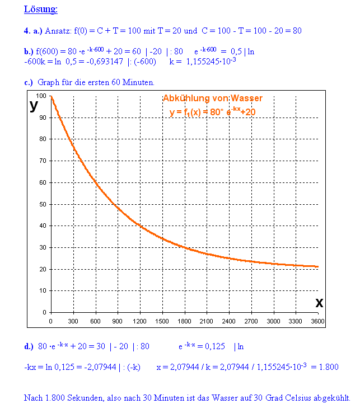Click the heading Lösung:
41,9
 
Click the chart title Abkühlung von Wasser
213,98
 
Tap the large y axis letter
35,105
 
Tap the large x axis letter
319,303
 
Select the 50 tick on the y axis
43,204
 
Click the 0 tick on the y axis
44,312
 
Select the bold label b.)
29,51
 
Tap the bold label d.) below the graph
29,346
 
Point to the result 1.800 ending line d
328,367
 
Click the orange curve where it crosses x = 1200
140,226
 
